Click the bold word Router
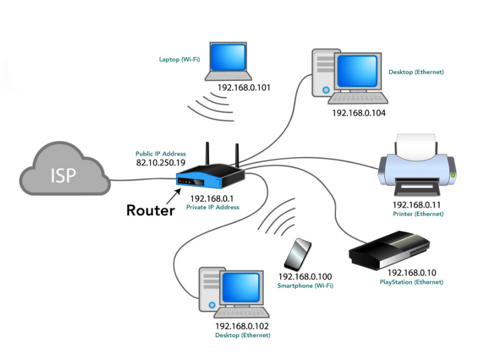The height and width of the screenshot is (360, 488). point(150,211)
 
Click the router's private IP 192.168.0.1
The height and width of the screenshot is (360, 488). point(212,199)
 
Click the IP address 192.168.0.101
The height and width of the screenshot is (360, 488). point(244,88)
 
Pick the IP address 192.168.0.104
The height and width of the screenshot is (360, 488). point(358,113)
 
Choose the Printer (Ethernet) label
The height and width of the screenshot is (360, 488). point(417,214)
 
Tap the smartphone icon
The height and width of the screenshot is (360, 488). point(298,255)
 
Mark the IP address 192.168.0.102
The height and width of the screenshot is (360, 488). point(242,326)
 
